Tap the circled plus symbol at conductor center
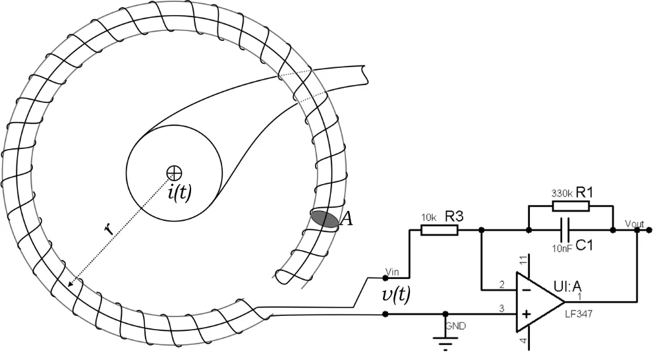tap(174, 172)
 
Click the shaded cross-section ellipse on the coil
tap(325, 219)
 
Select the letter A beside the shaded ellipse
tap(345, 219)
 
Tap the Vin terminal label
tap(392, 272)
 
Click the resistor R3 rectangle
tap(440, 230)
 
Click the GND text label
tap(455, 325)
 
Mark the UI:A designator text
tap(568, 286)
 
